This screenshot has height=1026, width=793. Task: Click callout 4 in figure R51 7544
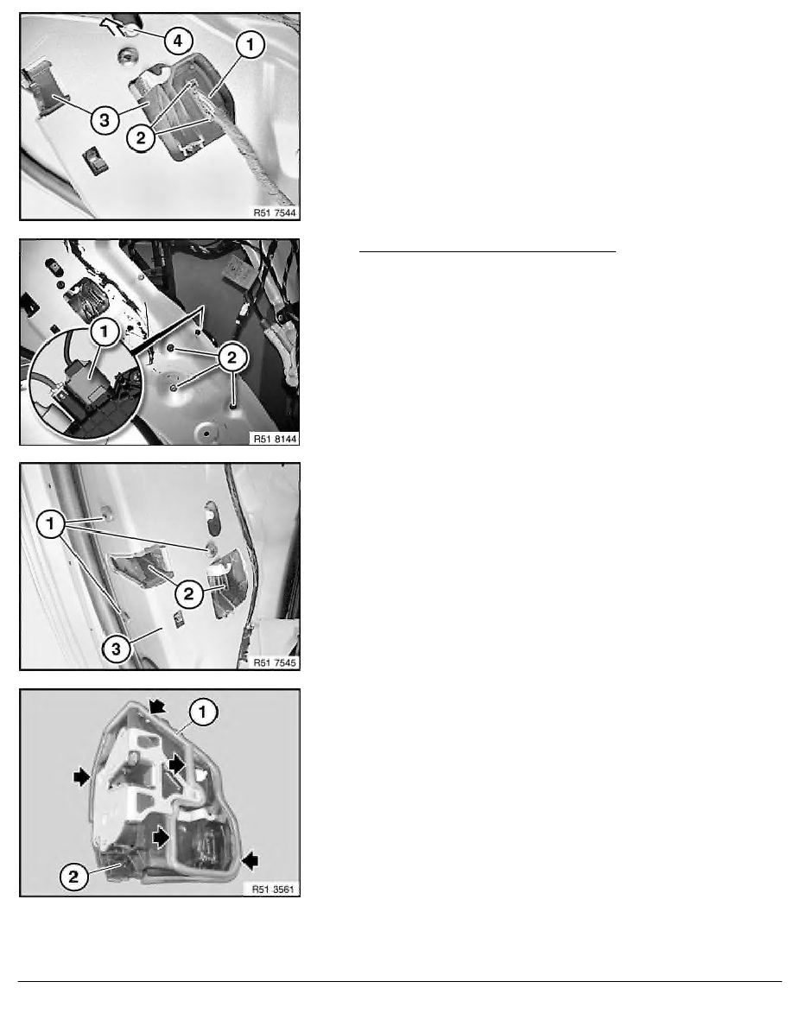pyautogui.click(x=177, y=41)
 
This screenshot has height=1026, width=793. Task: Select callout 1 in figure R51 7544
pyautogui.click(x=250, y=45)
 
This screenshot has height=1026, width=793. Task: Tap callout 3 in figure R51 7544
pyautogui.click(x=105, y=120)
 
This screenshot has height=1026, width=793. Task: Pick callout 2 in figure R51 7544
pyautogui.click(x=141, y=138)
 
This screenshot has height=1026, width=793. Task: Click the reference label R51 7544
pyautogui.click(x=275, y=212)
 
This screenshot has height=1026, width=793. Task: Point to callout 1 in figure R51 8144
pyautogui.click(x=104, y=332)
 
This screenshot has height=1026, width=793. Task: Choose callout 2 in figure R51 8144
pyautogui.click(x=232, y=358)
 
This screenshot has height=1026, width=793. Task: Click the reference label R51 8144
pyautogui.click(x=275, y=439)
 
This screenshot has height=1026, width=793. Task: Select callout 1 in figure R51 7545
pyautogui.click(x=50, y=524)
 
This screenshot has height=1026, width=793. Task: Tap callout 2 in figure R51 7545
pyautogui.click(x=188, y=594)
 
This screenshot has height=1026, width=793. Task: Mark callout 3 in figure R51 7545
pyautogui.click(x=117, y=649)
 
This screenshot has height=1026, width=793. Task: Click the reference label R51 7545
pyautogui.click(x=275, y=663)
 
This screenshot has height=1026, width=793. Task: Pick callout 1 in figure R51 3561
pyautogui.click(x=203, y=712)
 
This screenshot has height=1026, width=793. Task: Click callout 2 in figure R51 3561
pyautogui.click(x=73, y=876)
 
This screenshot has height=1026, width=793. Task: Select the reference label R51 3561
pyautogui.click(x=274, y=890)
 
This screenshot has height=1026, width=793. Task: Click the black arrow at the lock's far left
pyautogui.click(x=82, y=776)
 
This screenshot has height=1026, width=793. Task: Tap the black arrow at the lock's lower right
pyautogui.click(x=250, y=860)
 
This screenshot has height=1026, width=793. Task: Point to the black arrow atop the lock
pyautogui.click(x=158, y=706)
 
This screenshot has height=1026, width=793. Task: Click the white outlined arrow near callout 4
pyautogui.click(x=111, y=26)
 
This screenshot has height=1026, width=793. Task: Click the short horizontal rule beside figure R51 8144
pyautogui.click(x=487, y=250)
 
